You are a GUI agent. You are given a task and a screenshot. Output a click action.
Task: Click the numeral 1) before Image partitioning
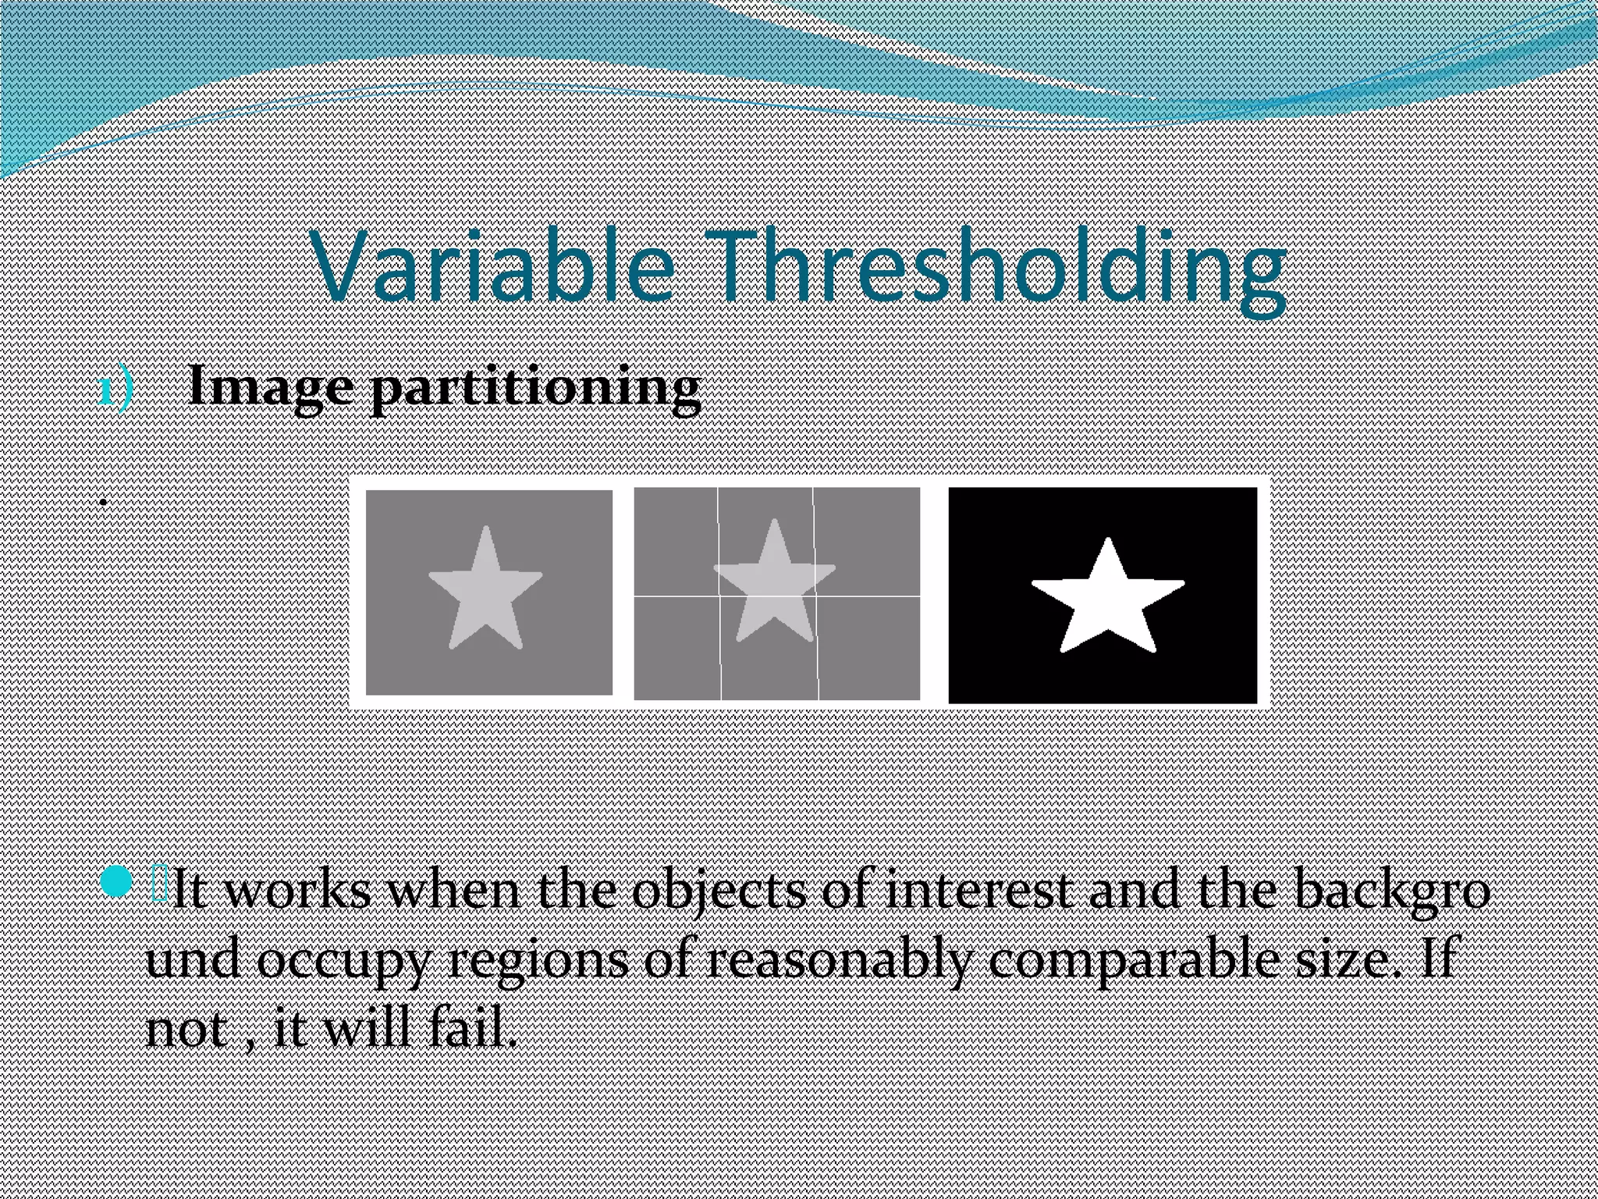tap(116, 390)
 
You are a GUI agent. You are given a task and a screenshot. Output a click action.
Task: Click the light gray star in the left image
tap(485, 593)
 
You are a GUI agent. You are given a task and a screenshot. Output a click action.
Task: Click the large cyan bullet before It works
tap(116, 883)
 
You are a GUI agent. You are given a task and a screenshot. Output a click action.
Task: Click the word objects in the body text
tap(719, 891)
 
